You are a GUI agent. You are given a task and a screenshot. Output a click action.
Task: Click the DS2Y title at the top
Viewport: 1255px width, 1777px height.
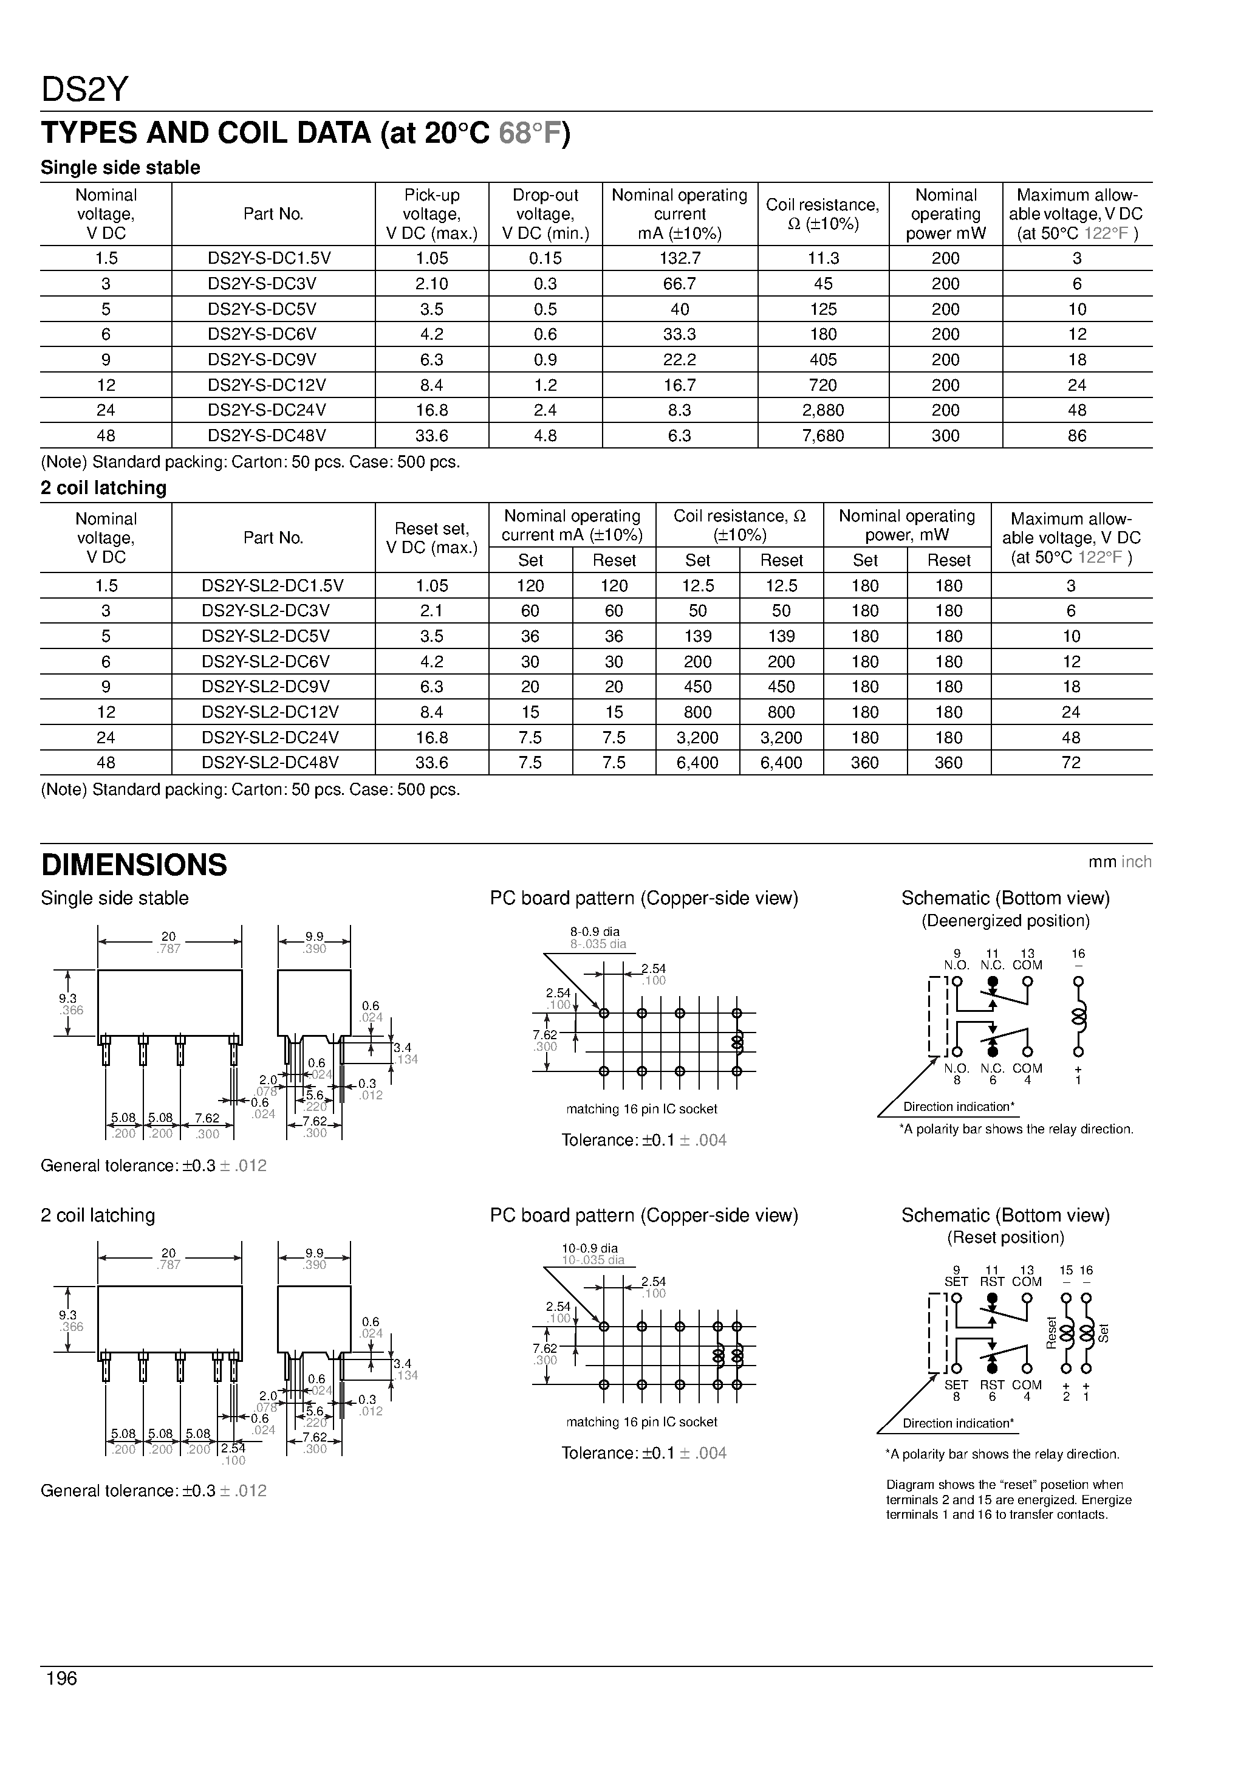[84, 91]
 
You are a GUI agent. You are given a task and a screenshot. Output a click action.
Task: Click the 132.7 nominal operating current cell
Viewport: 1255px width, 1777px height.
[679, 258]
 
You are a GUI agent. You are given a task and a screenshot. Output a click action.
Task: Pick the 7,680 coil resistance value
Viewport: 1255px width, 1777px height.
[822, 436]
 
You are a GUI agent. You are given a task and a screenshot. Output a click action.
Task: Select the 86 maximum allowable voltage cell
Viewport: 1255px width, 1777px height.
[1076, 436]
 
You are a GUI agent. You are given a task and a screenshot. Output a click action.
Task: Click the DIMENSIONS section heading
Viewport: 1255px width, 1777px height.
[134, 865]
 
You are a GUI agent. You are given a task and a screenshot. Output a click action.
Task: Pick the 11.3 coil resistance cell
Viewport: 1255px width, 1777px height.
[822, 258]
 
